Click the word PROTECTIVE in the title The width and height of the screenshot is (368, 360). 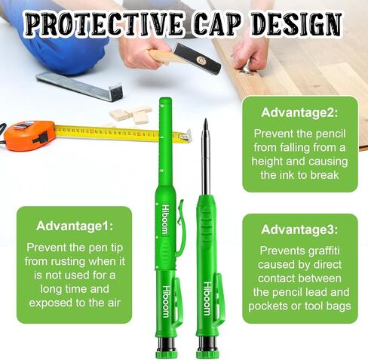(104, 23)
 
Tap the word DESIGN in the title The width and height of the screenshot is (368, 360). (296, 23)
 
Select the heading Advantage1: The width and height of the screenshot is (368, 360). (75, 226)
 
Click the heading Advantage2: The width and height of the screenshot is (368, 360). (299, 112)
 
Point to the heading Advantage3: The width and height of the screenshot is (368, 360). (299, 229)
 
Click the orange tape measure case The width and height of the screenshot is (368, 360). (29, 136)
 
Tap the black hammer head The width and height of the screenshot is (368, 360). (198, 58)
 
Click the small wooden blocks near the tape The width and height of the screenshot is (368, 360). (131, 115)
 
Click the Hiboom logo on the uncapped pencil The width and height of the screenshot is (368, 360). (207, 298)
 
